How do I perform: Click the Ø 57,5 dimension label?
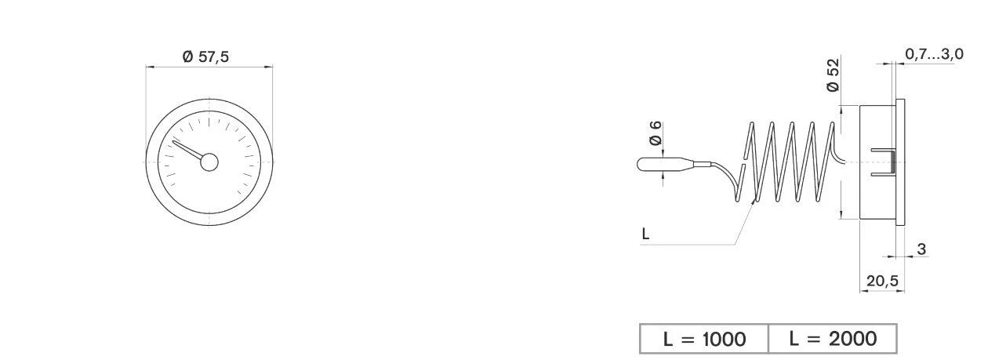coord(205,56)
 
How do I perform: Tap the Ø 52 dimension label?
coord(833,75)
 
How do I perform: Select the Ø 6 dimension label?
coord(656,133)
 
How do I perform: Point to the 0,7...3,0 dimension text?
coord(934,54)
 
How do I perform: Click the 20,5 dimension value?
coord(882,281)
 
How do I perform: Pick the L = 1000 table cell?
coord(704,339)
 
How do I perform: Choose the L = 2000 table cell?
coord(833,339)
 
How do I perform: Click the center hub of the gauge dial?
coord(209,162)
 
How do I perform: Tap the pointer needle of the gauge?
coord(187,150)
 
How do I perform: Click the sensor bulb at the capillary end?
coord(665,164)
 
